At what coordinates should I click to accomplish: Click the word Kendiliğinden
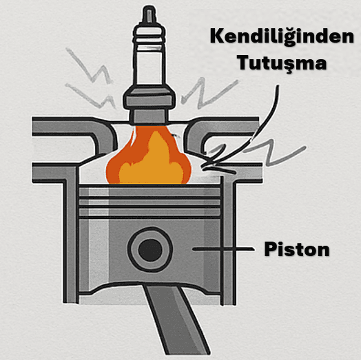282,36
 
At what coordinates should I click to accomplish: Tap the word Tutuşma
282,63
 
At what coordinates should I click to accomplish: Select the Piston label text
297,249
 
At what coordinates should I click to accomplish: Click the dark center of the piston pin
150,250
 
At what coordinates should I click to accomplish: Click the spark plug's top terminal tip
149,13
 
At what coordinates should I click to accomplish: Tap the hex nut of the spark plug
149,100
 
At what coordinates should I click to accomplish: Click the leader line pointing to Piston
223,249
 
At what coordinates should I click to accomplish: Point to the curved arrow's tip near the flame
203,167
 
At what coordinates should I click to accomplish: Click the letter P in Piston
270,248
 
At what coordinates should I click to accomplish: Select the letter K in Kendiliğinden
217,36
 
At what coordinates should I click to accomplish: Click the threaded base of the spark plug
149,117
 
